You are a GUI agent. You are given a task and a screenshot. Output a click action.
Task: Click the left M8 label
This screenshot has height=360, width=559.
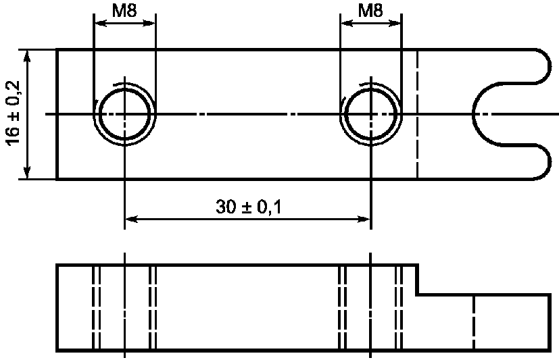click(x=124, y=11)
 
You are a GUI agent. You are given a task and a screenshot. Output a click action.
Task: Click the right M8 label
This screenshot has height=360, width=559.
click(x=370, y=11)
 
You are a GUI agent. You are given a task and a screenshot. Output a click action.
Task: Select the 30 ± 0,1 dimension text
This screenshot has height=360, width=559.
click(x=249, y=207)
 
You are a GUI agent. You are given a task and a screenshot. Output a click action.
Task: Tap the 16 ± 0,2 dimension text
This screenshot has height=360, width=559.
click(x=14, y=113)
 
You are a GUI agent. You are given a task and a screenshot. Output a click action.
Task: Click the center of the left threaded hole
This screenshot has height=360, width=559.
click(x=124, y=114)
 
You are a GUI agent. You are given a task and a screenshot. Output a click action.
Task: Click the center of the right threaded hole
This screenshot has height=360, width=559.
click(x=371, y=114)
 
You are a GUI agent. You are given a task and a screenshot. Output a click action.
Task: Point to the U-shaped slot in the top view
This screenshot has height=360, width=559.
click(x=473, y=114)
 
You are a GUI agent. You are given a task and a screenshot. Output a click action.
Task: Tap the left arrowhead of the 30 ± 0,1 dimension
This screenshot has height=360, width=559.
click(x=131, y=219)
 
